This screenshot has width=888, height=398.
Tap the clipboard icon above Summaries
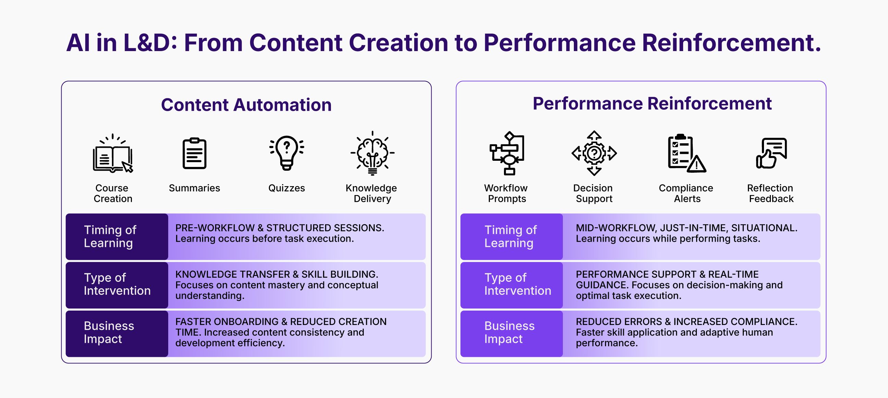tap(195, 153)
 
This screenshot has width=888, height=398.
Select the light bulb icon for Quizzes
tap(287, 153)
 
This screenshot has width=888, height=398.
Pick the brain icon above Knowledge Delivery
tap(372, 153)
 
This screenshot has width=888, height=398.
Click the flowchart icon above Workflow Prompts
tap(507, 153)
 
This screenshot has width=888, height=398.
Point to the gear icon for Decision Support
tap(594, 153)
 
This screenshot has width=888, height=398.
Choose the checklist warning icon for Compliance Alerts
tap(687, 153)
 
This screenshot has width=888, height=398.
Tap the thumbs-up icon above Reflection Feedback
tap(772, 153)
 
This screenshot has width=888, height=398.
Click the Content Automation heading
tap(246, 105)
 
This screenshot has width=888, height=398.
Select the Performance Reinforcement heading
tap(652, 104)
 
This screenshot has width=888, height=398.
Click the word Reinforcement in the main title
tap(731, 43)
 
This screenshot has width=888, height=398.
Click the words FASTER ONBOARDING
tap(227, 322)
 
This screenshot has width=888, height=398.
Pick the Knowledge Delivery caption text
tap(372, 193)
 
